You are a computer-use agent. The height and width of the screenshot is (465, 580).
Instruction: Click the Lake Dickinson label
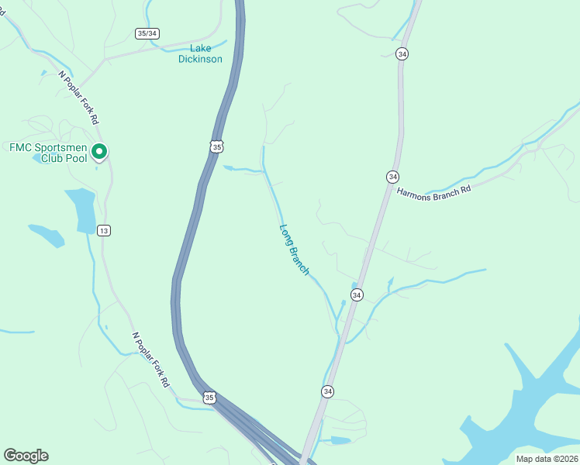[200, 53]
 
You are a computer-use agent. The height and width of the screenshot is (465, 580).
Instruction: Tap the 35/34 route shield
[147, 33]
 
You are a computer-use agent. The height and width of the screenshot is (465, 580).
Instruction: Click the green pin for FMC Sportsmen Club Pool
[99, 152]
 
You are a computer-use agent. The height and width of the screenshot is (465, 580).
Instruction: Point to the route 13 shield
[105, 230]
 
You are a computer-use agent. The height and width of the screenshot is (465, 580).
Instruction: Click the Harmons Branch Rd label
[433, 191]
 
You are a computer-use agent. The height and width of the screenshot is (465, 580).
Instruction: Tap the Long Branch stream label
[295, 250]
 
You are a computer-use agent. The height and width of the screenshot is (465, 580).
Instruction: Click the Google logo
[26, 456]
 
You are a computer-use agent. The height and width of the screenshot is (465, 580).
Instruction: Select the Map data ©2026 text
[547, 459]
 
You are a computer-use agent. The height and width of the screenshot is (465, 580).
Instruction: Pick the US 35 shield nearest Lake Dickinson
[216, 146]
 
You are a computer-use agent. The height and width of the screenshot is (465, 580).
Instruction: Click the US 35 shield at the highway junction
[209, 398]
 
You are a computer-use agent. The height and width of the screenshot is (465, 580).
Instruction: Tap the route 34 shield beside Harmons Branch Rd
[393, 177]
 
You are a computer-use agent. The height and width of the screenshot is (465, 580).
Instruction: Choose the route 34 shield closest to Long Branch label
[357, 295]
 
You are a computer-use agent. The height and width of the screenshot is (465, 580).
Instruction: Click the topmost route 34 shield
[402, 53]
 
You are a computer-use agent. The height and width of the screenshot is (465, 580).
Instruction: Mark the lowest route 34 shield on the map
[328, 392]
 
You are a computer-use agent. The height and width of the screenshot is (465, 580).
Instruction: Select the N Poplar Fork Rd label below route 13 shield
[150, 360]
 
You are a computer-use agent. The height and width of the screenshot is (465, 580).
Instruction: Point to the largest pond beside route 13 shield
[81, 209]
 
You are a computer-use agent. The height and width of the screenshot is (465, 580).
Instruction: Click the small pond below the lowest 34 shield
[340, 440]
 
